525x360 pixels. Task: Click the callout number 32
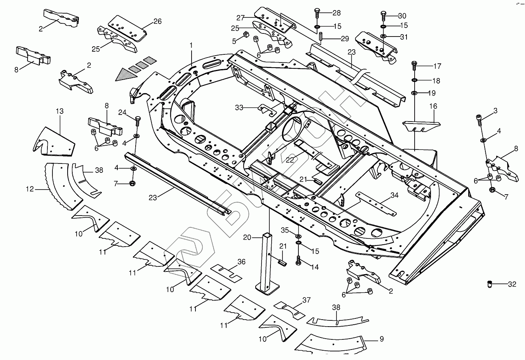pos(512,284)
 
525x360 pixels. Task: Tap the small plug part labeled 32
pos(490,284)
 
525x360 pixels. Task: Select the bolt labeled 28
pos(317,14)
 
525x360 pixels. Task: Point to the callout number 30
pos(402,16)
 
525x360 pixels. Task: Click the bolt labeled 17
pos(415,65)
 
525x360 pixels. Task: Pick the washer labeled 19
pos(415,93)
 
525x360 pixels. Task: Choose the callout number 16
pos(433,106)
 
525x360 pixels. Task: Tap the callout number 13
pos(59,111)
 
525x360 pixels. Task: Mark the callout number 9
pos(381,339)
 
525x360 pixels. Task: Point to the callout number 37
pos(307,300)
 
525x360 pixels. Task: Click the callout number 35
pos(285,231)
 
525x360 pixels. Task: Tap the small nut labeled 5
pos(246,36)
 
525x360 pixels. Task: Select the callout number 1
pos(191,45)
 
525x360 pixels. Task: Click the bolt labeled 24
pos(137,121)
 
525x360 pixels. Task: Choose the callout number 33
pos(239,108)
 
